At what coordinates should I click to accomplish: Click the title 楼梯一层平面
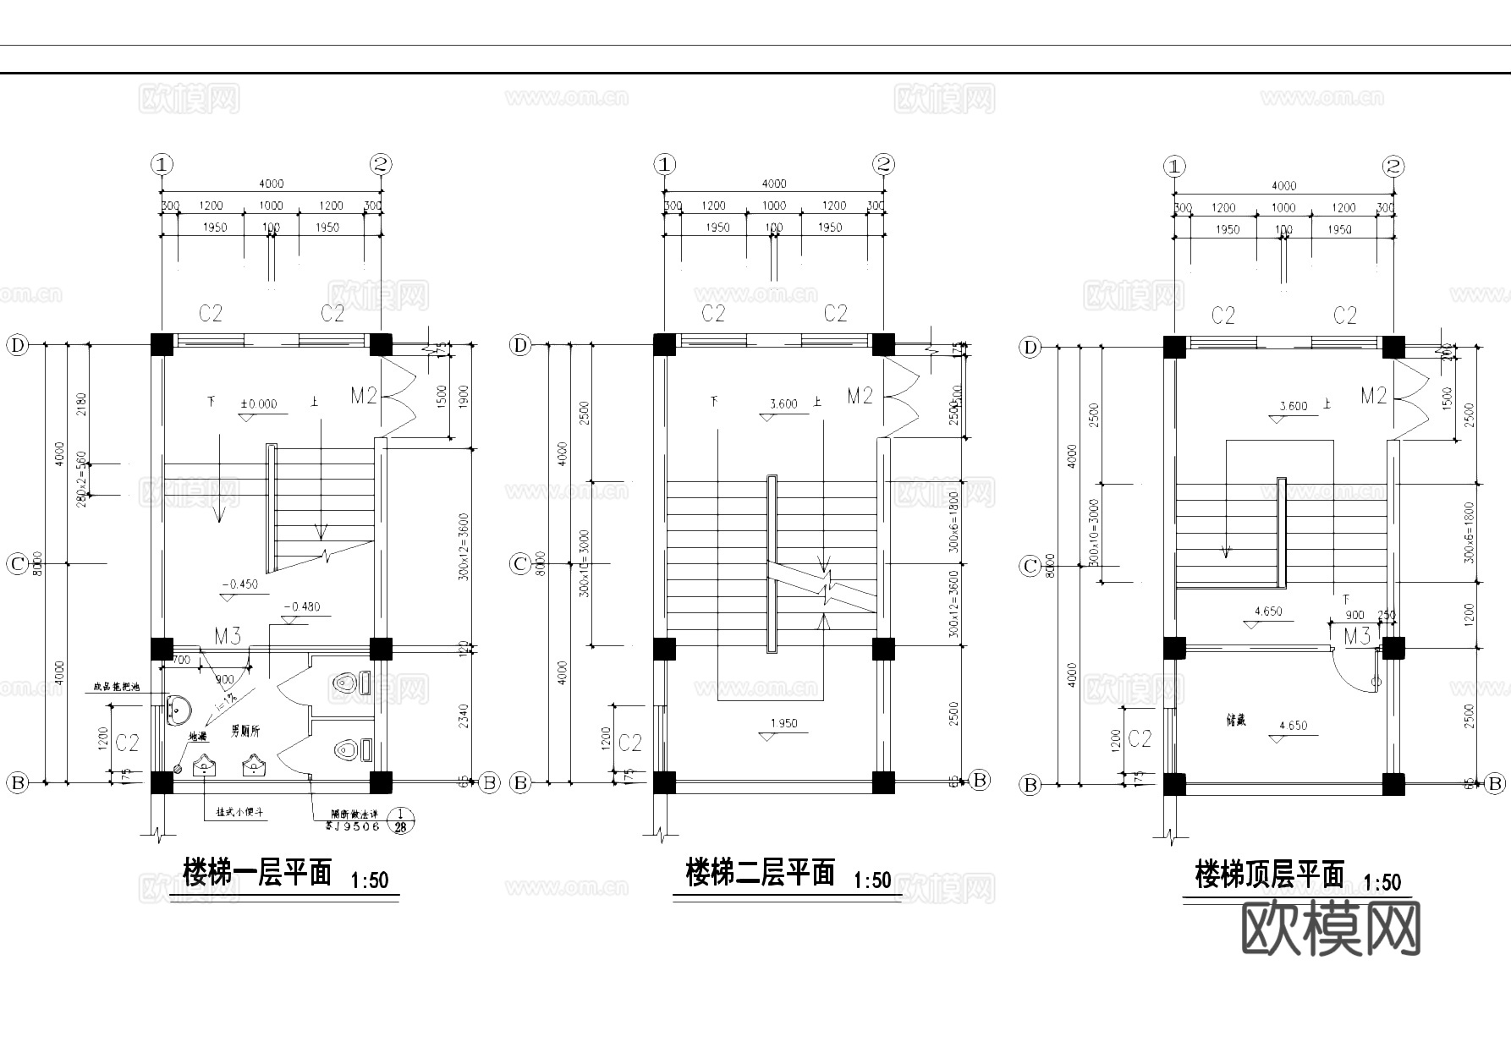pyautogui.click(x=257, y=872)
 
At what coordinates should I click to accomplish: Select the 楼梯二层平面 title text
pyautogui.click(x=760, y=872)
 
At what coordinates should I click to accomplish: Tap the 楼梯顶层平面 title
pyautogui.click(x=1269, y=875)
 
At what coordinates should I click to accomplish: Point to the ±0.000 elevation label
pyautogui.click(x=258, y=404)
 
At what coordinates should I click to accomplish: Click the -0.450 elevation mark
pyautogui.click(x=239, y=584)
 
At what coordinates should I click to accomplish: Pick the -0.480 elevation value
pyautogui.click(x=302, y=606)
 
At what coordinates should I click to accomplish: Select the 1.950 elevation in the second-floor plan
pyautogui.click(x=783, y=724)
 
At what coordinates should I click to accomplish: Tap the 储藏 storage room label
pyautogui.click(x=1236, y=721)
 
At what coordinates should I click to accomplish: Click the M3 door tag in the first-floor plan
pyautogui.click(x=228, y=636)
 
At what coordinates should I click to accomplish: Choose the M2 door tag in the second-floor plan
pyautogui.click(x=860, y=396)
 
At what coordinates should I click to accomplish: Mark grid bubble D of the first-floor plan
pyautogui.click(x=18, y=345)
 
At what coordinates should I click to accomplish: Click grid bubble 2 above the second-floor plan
pyautogui.click(x=883, y=164)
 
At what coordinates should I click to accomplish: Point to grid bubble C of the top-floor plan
pyautogui.click(x=1030, y=566)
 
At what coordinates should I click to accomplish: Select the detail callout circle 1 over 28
pyautogui.click(x=400, y=820)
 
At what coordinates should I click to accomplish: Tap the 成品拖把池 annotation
pyautogui.click(x=119, y=688)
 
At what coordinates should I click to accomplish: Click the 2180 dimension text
pyautogui.click(x=82, y=404)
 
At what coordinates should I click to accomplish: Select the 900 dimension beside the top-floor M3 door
pyautogui.click(x=1354, y=616)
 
